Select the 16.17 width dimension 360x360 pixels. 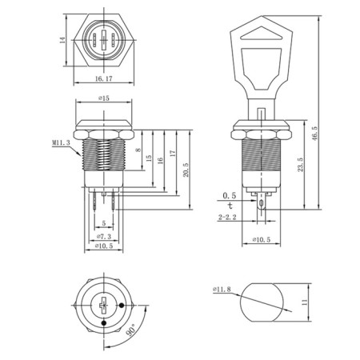(103, 81)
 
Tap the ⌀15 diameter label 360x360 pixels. (103, 98)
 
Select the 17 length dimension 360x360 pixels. (170, 154)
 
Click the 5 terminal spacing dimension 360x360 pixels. (103, 222)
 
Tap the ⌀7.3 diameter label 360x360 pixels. (103, 237)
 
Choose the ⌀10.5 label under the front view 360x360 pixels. (103, 247)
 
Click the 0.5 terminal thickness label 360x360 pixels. (230, 194)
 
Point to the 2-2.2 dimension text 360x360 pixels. (230, 217)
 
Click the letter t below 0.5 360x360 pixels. (230, 204)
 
